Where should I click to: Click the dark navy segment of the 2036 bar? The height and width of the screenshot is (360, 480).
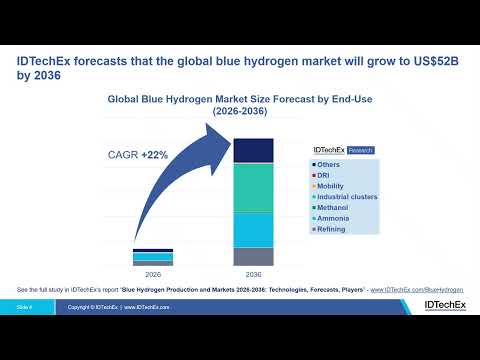(254, 150)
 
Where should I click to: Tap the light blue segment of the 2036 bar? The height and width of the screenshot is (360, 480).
(254, 229)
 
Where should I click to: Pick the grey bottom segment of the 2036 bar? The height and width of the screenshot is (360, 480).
(254, 256)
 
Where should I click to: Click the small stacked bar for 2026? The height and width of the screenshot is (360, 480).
(153, 257)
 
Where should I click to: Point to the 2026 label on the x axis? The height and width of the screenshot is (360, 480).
(153, 273)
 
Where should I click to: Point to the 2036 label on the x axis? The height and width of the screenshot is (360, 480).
(254, 273)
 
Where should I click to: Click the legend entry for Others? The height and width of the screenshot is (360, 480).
(331, 164)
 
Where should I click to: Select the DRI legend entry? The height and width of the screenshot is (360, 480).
(327, 175)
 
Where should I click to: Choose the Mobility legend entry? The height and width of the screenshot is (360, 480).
(332, 186)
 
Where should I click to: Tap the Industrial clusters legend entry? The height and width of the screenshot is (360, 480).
(346, 197)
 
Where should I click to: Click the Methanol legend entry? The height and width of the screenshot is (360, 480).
(334, 208)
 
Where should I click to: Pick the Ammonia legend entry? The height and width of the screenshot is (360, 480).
(334, 218)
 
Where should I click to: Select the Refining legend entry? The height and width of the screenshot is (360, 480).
(333, 229)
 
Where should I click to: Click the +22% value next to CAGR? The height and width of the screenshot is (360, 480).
(153, 155)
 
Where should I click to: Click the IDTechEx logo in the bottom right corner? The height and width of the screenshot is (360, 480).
(443, 306)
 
